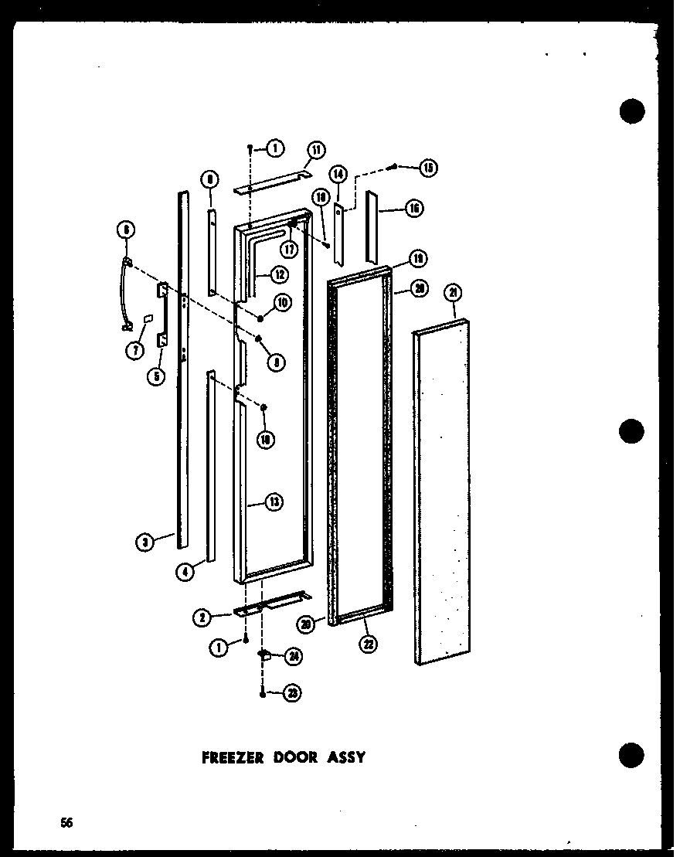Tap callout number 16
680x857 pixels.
click(x=414, y=208)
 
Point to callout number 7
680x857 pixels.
click(x=136, y=350)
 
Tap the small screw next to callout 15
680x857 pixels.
click(x=395, y=165)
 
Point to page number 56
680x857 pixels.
click(x=68, y=822)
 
